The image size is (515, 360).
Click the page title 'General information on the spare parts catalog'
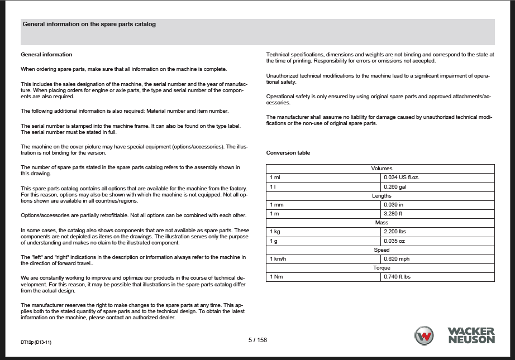coord(89,25)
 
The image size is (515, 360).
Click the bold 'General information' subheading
coord(46,55)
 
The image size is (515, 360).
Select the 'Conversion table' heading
coord(288,153)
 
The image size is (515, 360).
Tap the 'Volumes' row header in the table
coord(382,169)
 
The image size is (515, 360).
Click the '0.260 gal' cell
coord(395,187)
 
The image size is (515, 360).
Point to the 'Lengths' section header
coord(382,196)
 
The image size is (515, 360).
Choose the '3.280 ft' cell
coord(393,214)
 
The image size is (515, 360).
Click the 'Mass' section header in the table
coord(382,223)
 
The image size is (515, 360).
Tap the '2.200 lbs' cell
coord(395,232)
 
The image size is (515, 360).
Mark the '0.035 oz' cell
coord(394,241)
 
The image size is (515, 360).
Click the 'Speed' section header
coord(382,250)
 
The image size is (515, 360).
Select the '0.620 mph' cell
coord(397,259)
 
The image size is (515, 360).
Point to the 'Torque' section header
coord(382,268)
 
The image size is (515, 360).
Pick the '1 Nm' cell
coord(276,277)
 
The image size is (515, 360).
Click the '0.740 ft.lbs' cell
coord(397,277)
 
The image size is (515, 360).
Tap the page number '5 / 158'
coord(257,340)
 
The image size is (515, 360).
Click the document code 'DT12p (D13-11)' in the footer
coord(40,342)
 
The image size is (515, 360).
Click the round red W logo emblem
coord(424,336)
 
